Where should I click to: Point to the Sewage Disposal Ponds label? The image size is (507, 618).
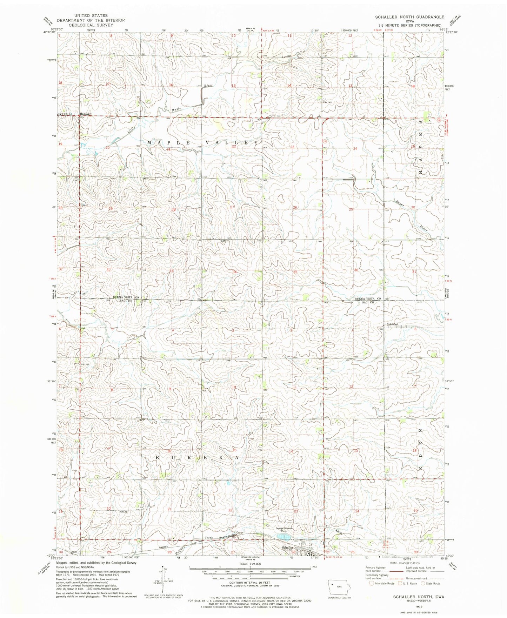click(284, 530)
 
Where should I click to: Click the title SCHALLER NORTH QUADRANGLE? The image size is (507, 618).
click(409, 17)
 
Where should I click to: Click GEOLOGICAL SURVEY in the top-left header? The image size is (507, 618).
click(91, 25)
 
